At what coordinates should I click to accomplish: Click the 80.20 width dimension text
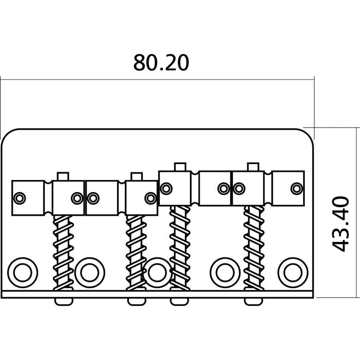coord(161,63)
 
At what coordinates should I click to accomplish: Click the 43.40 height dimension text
coord(341,224)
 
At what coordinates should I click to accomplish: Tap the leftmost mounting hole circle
coord(22,272)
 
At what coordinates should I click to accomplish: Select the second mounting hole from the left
coord(90,272)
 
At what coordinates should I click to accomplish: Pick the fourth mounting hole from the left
coord(225,272)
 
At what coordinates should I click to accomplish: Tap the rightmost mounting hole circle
coord(293,272)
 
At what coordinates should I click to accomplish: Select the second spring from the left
coord(136,252)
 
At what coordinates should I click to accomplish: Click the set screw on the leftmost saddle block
coord(19,198)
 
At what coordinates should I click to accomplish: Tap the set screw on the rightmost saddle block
coord(296,188)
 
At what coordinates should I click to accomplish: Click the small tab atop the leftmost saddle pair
coord(63,176)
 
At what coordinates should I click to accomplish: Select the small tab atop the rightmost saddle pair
coord(254,166)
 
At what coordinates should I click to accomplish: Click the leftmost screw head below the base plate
coord(64,301)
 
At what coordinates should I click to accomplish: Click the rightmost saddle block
coord(288,188)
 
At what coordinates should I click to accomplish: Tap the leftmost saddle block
coord(28,198)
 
